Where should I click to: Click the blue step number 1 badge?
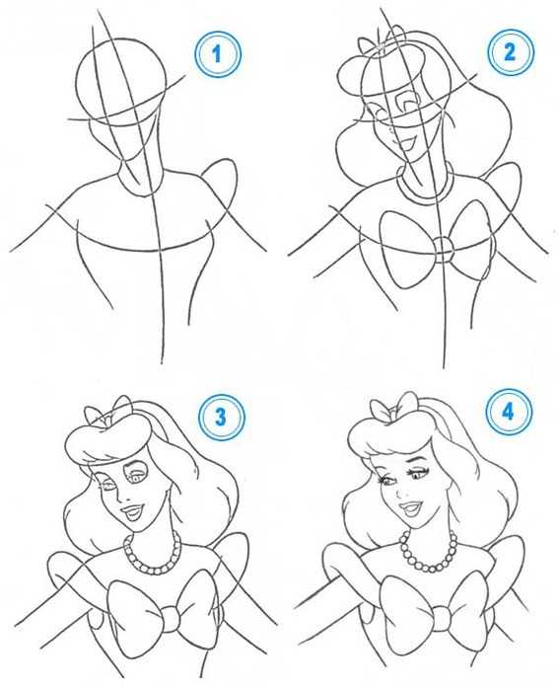[x=218, y=54]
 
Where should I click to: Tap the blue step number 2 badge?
[x=510, y=52]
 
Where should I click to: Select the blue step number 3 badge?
[x=221, y=417]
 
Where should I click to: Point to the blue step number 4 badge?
[x=509, y=412]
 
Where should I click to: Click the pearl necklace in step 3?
[x=152, y=571]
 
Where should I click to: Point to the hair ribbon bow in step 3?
[x=107, y=412]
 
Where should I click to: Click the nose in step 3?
[x=124, y=498]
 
